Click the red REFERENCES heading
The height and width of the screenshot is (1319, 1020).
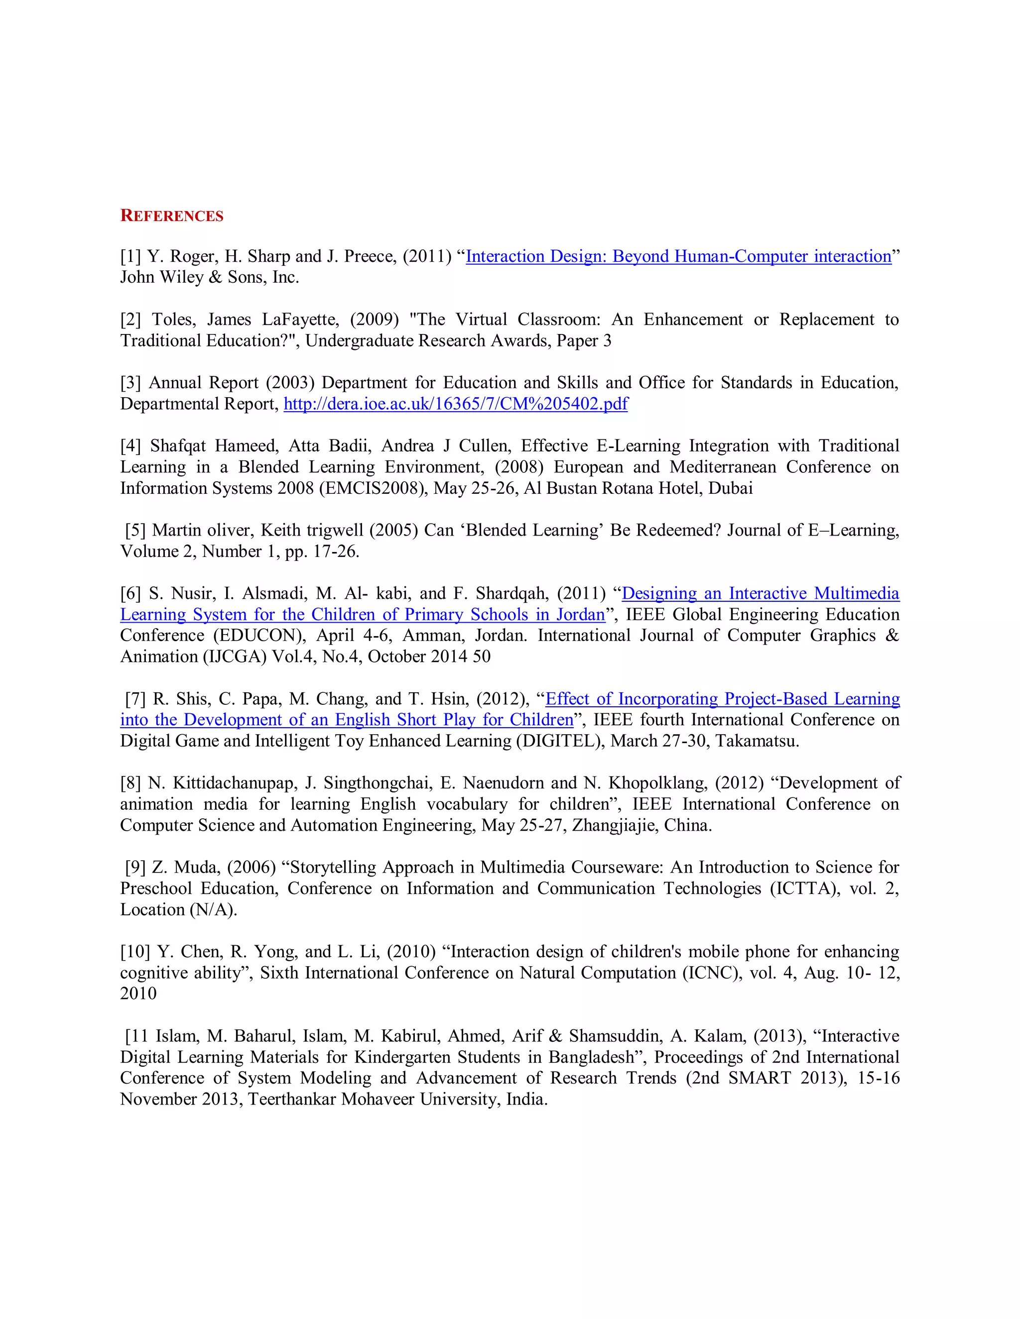coord(172,216)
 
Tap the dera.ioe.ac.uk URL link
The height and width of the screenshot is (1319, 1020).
coord(456,404)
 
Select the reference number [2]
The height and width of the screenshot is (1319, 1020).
coord(130,320)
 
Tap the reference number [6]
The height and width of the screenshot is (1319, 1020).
coord(130,594)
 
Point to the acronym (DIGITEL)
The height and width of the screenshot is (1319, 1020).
coord(560,741)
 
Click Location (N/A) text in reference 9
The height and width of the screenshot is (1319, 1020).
coord(178,909)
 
